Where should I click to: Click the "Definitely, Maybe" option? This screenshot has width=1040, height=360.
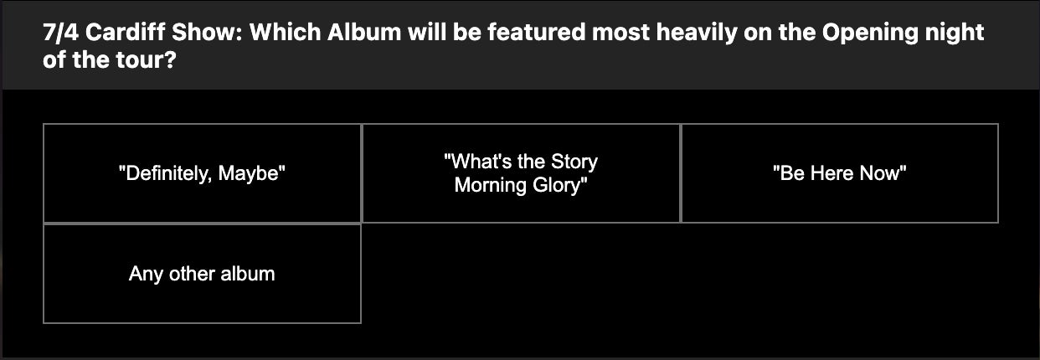pos(202,173)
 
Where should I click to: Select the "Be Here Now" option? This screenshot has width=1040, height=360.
pos(839,173)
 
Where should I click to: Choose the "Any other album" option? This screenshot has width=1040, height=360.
pos(202,274)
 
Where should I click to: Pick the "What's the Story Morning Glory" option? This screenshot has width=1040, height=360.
pos(521,173)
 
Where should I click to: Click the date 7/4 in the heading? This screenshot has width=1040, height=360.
pos(60,33)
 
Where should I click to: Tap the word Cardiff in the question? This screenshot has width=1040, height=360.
pos(126,33)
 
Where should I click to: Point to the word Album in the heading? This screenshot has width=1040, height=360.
pos(364,33)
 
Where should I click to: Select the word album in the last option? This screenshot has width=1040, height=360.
pos(248,273)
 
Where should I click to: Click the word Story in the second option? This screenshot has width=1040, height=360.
pos(574,162)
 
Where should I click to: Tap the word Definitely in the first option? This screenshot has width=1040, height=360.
pos(166,174)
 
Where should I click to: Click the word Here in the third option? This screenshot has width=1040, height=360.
pos(832,173)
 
